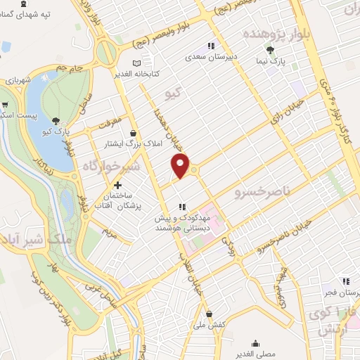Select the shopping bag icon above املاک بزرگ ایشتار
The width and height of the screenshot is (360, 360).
pyautogui.click(x=134, y=132)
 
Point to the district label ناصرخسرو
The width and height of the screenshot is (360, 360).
pyautogui.click(x=262, y=191)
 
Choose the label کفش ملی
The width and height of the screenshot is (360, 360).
pyautogui.click(x=210, y=325)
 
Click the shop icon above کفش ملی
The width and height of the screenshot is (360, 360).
pyautogui.click(x=209, y=314)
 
